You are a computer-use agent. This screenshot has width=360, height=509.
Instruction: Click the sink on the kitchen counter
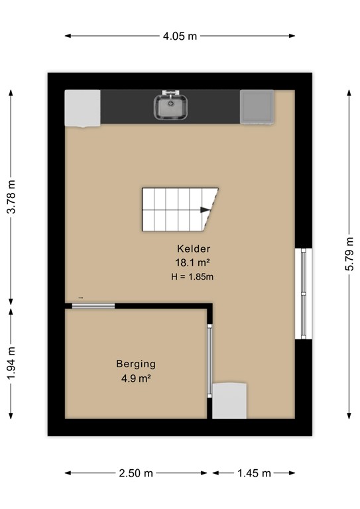point(171,107)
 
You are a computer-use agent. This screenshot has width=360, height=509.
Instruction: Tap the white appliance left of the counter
point(82,108)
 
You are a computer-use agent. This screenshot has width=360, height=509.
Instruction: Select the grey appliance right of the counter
point(255,107)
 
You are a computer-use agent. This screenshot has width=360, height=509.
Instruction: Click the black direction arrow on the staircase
point(206,210)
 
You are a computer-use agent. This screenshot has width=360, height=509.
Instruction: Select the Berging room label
point(136,363)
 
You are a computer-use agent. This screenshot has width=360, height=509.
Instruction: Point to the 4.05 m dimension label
point(180,36)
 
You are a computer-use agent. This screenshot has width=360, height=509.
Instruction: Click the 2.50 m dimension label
point(137,473)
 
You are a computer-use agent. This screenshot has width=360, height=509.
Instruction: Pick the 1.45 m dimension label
point(254,473)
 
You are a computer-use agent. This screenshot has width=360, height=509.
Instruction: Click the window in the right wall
point(303,293)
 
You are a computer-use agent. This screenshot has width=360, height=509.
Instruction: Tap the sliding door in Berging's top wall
point(93,306)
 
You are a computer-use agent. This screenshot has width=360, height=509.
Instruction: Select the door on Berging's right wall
point(210,359)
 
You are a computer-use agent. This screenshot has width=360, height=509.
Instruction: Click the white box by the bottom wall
point(229,401)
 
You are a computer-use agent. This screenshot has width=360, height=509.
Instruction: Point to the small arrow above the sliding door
point(81,298)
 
